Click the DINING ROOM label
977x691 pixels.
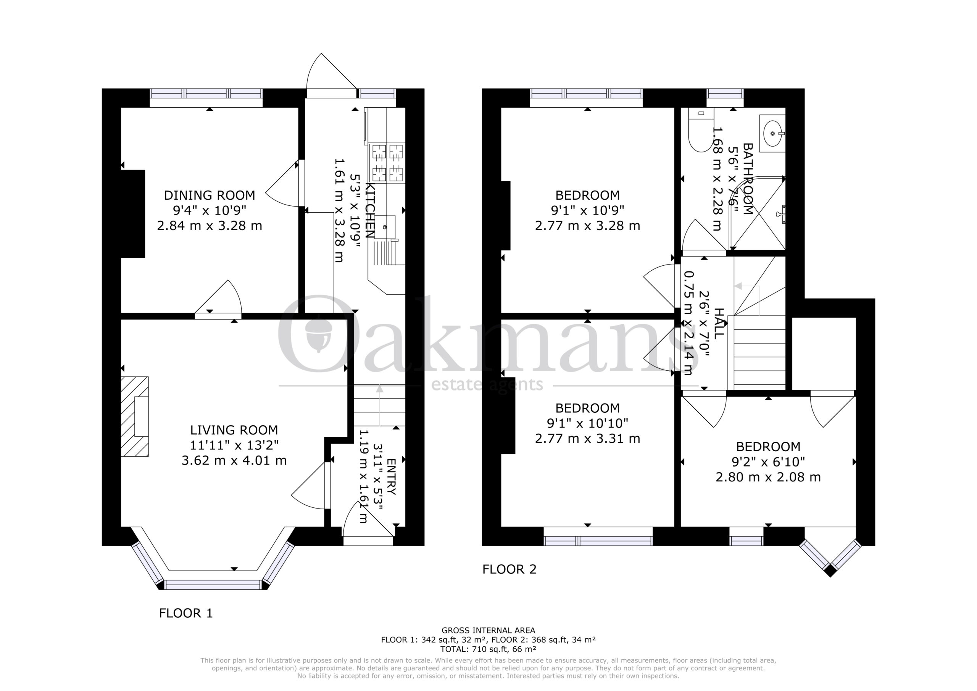(x=210, y=195)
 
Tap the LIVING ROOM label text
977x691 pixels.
(x=234, y=430)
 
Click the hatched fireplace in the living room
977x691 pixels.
(x=135, y=417)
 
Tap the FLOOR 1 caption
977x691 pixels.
(x=185, y=613)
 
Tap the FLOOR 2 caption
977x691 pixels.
(x=509, y=569)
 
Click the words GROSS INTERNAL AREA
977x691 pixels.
(x=488, y=630)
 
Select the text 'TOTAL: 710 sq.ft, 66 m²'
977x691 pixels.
(x=488, y=649)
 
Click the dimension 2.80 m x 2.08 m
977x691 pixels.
(x=768, y=477)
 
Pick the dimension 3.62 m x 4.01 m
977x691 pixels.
(x=234, y=460)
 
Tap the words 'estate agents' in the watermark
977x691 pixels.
(x=487, y=385)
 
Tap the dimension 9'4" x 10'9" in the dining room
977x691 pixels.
(x=210, y=210)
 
